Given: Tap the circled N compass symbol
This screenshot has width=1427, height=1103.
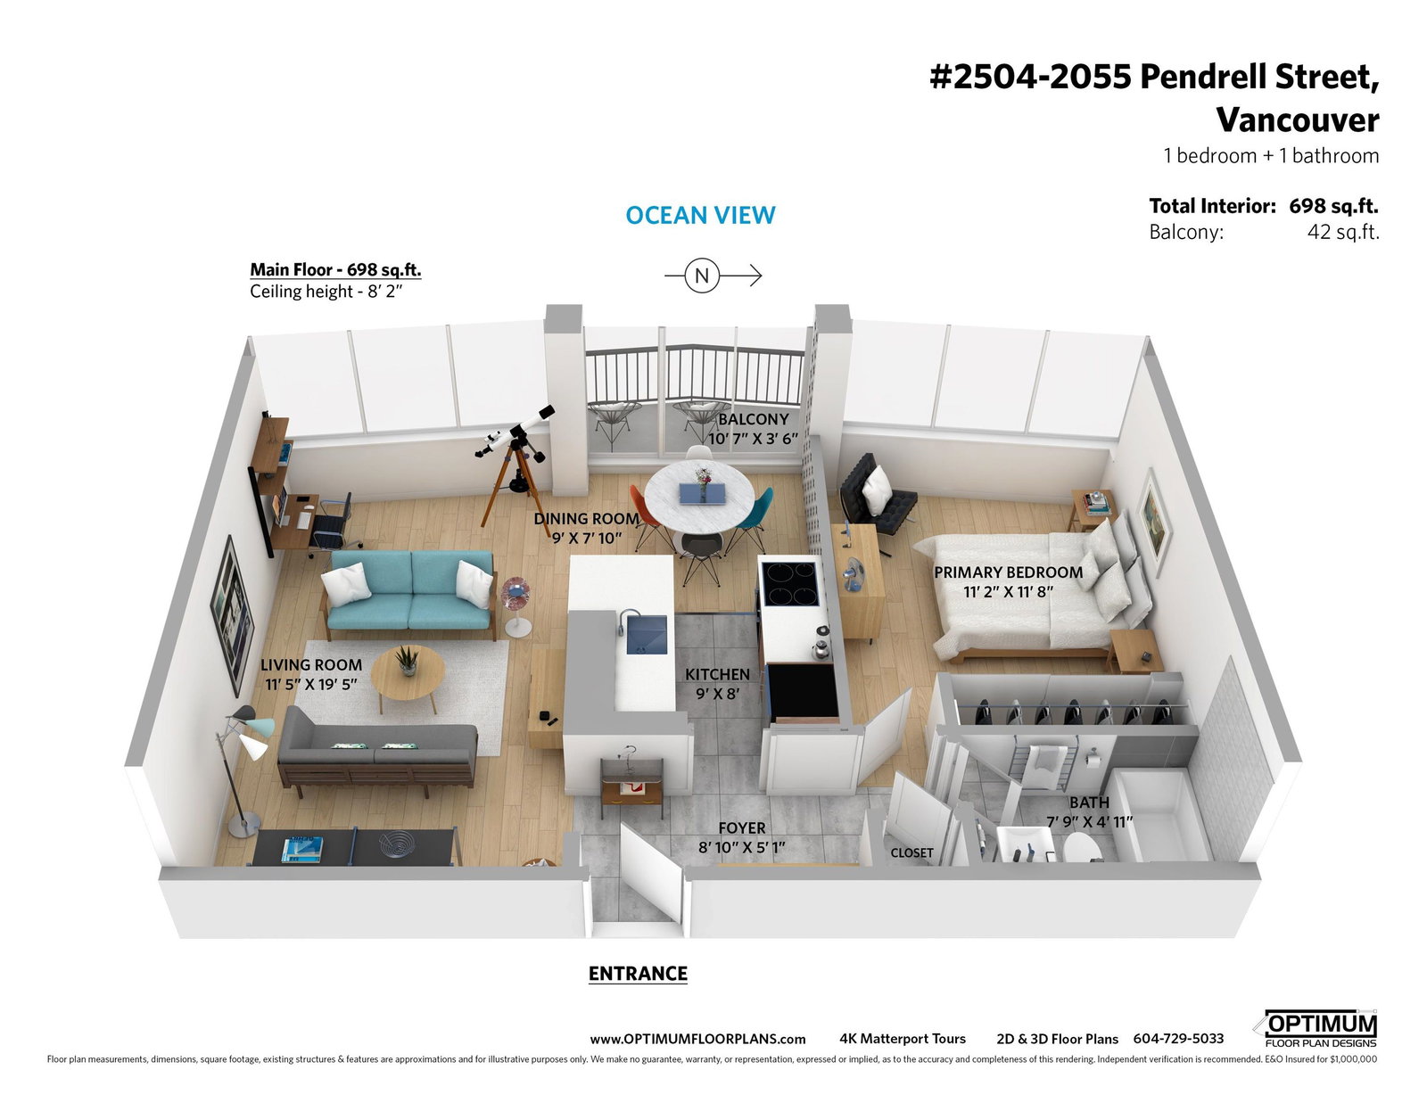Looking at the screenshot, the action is [x=702, y=276].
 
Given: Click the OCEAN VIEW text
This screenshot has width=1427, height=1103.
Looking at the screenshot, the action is [x=700, y=216].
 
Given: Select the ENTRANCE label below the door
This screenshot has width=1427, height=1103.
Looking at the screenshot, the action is [x=638, y=973].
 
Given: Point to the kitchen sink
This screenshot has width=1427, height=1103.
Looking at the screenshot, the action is [x=647, y=635].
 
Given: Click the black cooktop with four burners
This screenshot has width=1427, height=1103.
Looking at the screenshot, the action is [x=790, y=584].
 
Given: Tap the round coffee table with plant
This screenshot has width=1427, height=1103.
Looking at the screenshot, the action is [x=408, y=674].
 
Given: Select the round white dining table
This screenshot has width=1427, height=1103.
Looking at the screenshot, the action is [x=698, y=497].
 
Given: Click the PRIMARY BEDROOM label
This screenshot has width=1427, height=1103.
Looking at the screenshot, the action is [x=1008, y=572].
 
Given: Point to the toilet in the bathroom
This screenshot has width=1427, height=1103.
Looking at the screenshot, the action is [x=1081, y=848].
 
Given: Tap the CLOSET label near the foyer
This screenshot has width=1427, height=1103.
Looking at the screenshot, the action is [x=911, y=852].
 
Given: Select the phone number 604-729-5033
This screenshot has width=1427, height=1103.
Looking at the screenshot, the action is [x=1178, y=1039].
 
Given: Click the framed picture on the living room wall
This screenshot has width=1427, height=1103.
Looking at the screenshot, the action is [x=232, y=615].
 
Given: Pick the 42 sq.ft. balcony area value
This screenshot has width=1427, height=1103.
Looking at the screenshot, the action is [x=1343, y=232].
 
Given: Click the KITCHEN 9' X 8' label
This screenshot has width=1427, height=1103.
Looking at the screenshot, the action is [x=717, y=683].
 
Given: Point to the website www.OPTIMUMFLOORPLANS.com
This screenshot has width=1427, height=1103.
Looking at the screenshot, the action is [x=697, y=1039].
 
